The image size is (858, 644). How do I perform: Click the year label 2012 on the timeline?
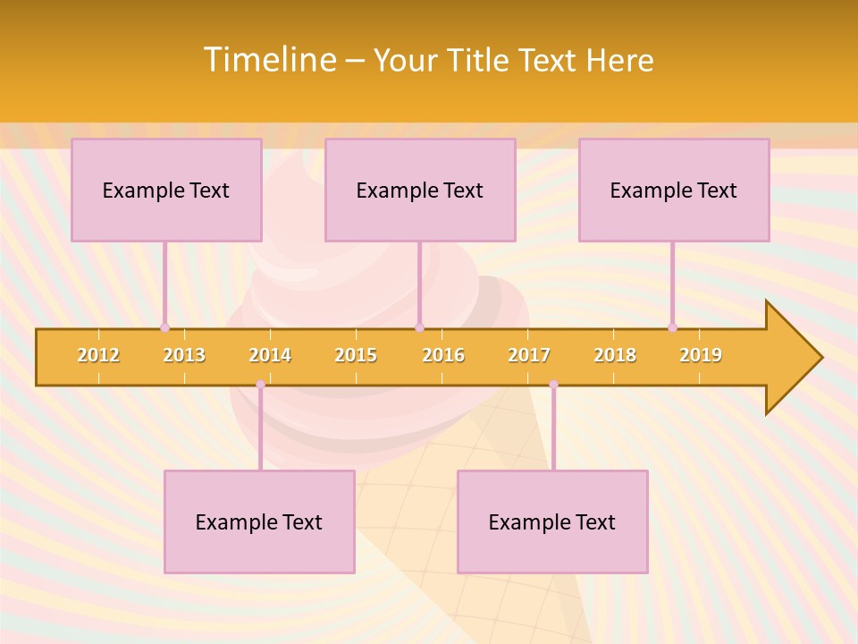[x=98, y=355]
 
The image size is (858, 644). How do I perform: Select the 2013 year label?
[x=184, y=355]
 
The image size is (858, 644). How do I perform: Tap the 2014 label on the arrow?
[x=270, y=355]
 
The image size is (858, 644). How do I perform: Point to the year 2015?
[x=356, y=355]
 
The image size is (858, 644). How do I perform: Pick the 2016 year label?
[x=443, y=355]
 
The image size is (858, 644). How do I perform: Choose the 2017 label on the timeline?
[x=529, y=355]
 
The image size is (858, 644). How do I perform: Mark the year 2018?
[x=615, y=355]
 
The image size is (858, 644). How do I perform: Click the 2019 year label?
[x=701, y=355]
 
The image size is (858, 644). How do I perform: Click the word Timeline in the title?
[x=269, y=60]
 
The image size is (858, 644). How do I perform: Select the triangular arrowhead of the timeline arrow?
[x=792, y=358]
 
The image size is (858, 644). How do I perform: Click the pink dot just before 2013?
[x=164, y=327]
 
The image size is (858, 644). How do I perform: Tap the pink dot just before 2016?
[x=419, y=327]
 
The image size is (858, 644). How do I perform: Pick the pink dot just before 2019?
[x=672, y=327]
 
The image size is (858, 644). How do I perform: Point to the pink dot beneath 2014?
[x=260, y=385]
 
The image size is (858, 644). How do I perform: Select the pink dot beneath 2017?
[x=553, y=385]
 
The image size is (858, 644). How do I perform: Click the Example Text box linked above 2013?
[x=166, y=190]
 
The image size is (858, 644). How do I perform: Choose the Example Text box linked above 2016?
[x=420, y=190]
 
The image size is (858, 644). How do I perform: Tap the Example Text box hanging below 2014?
[x=259, y=521]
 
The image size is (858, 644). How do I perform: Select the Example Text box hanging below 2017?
[x=552, y=521]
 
